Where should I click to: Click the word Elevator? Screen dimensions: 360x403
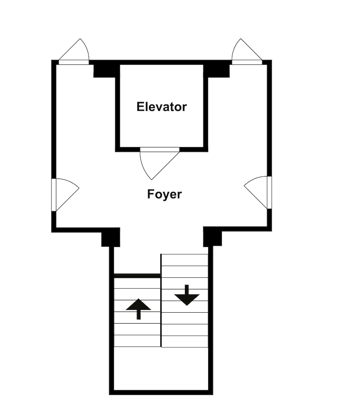(x=161, y=107)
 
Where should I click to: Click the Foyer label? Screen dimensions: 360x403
(x=164, y=194)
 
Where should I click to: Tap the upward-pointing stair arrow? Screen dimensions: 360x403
(x=139, y=309)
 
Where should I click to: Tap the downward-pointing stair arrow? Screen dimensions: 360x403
(x=187, y=295)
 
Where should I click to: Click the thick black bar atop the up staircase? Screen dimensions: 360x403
(x=137, y=276)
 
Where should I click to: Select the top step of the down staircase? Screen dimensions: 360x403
(x=184, y=260)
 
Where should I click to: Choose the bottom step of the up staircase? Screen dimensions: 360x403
(x=137, y=341)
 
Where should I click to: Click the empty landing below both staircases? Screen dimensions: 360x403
(x=161, y=369)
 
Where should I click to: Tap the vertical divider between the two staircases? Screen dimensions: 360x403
(x=161, y=301)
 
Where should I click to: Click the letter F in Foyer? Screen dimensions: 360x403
(x=150, y=194)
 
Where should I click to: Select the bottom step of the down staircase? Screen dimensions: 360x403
(x=184, y=342)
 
